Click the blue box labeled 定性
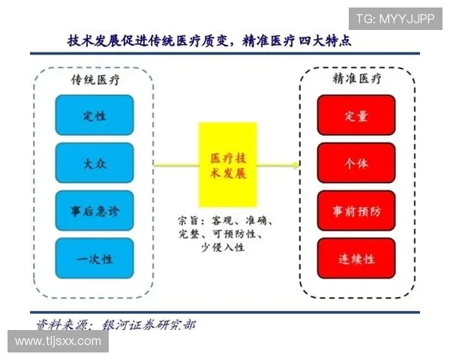click(x=94, y=115)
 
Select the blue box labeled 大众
click(x=94, y=163)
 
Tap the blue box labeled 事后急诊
click(x=94, y=211)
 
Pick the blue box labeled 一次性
click(x=94, y=259)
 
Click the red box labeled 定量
click(x=356, y=115)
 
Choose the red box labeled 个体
click(x=356, y=163)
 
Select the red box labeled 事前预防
click(x=356, y=211)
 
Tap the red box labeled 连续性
click(x=356, y=259)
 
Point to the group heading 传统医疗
click(x=94, y=79)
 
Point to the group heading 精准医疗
click(x=356, y=79)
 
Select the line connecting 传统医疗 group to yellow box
click(x=175, y=163)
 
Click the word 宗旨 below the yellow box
click(x=189, y=221)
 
